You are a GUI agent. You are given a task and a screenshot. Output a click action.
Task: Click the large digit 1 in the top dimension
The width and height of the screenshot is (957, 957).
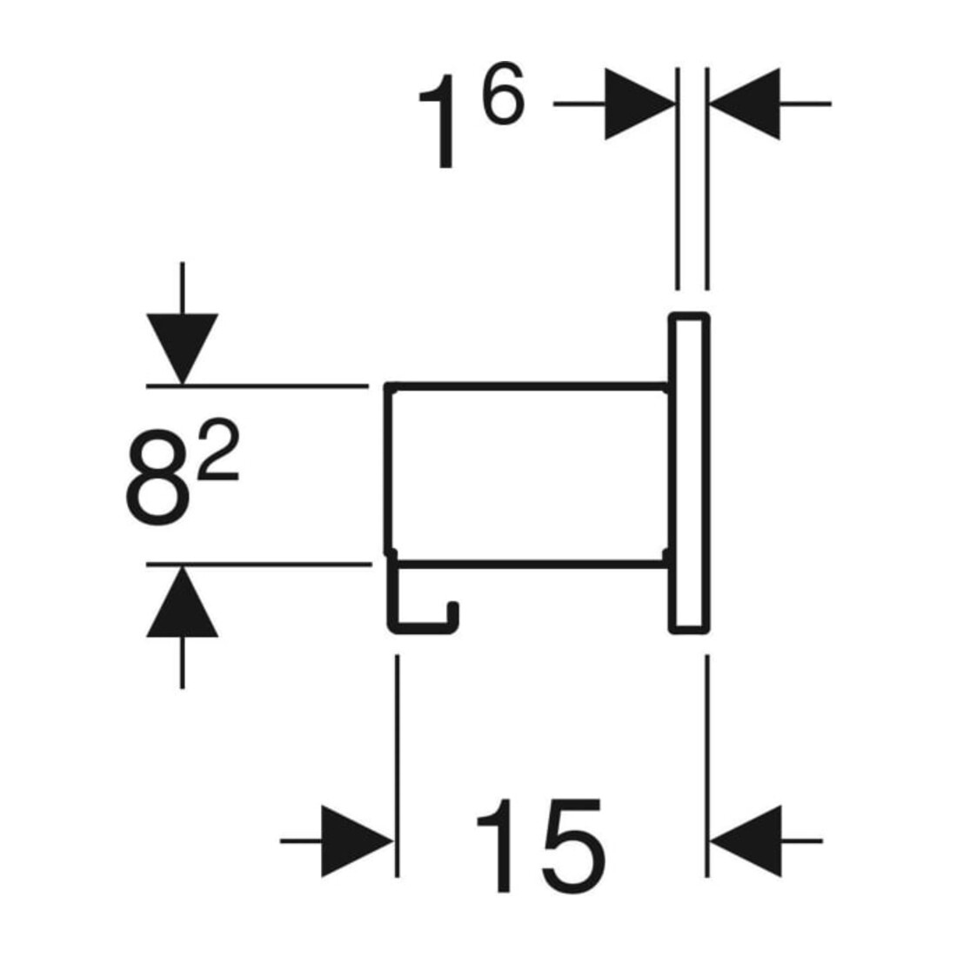[441, 121]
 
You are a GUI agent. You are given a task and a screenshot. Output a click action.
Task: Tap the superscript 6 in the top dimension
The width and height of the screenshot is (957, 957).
[503, 93]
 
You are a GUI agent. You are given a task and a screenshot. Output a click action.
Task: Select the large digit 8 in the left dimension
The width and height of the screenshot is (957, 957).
[156, 477]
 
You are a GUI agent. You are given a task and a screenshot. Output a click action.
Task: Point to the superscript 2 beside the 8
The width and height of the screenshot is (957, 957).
[218, 450]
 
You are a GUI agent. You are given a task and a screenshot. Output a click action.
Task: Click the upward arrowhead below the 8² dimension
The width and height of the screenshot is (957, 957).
[182, 601]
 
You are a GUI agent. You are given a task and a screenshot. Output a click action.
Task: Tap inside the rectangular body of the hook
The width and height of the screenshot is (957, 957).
[529, 473]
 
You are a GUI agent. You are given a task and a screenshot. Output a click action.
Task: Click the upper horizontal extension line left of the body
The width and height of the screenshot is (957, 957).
[257, 386]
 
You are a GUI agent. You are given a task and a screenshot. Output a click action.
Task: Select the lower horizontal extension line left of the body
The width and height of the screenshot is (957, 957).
[258, 565]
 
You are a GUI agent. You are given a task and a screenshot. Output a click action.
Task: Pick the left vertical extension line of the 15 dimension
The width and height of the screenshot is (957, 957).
[398, 766]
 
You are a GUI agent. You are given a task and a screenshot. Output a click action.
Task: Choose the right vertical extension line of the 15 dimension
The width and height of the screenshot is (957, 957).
[707, 766]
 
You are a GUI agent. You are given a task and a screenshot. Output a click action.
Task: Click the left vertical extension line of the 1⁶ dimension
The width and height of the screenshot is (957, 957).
[678, 179]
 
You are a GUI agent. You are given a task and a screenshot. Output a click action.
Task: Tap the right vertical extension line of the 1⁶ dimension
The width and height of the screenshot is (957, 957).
[706, 179]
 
